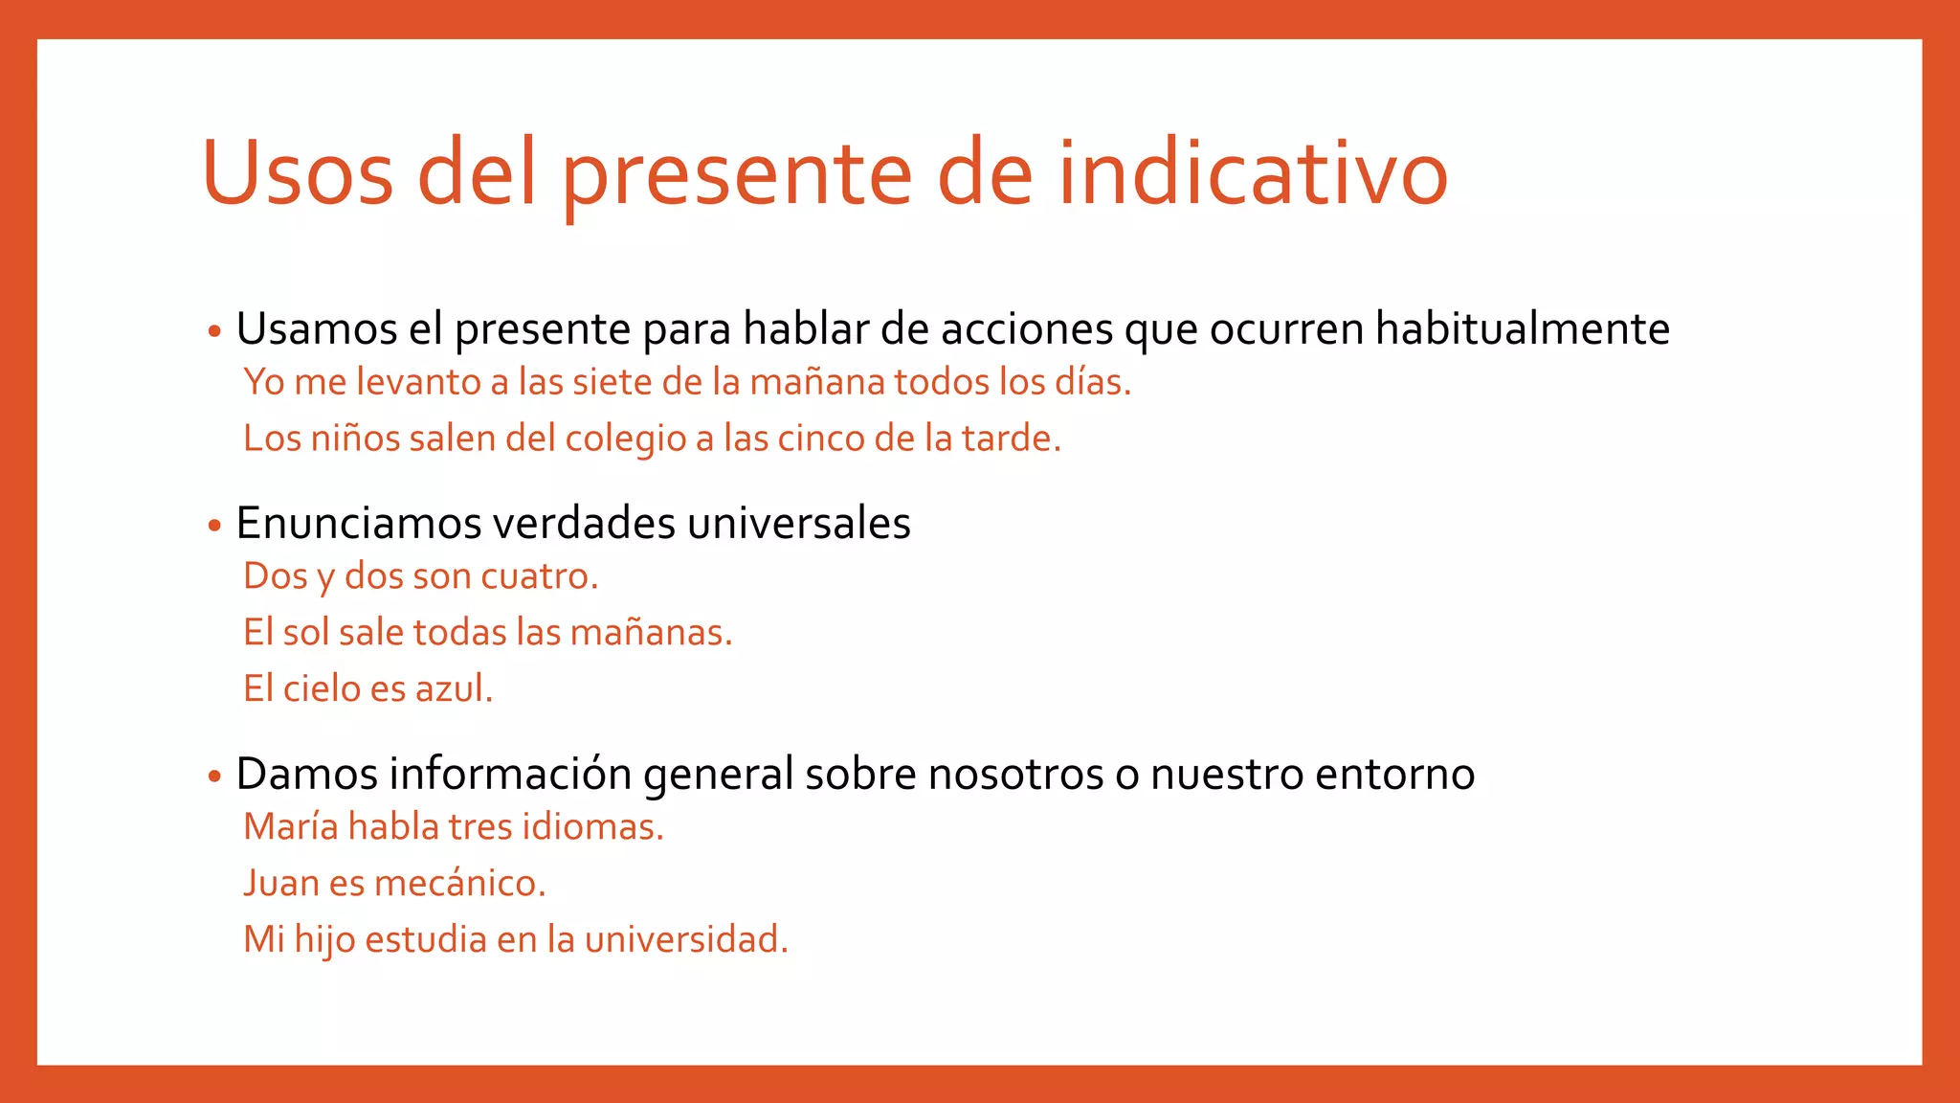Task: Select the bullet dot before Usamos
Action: click(x=214, y=332)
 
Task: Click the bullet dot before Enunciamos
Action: click(x=214, y=526)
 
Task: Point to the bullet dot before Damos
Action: click(x=214, y=777)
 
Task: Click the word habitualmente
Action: click(x=1522, y=328)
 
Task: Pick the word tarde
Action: click(x=1011, y=439)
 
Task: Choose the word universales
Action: click(x=798, y=523)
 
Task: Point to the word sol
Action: click(x=305, y=633)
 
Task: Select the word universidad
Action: click(x=685, y=939)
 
